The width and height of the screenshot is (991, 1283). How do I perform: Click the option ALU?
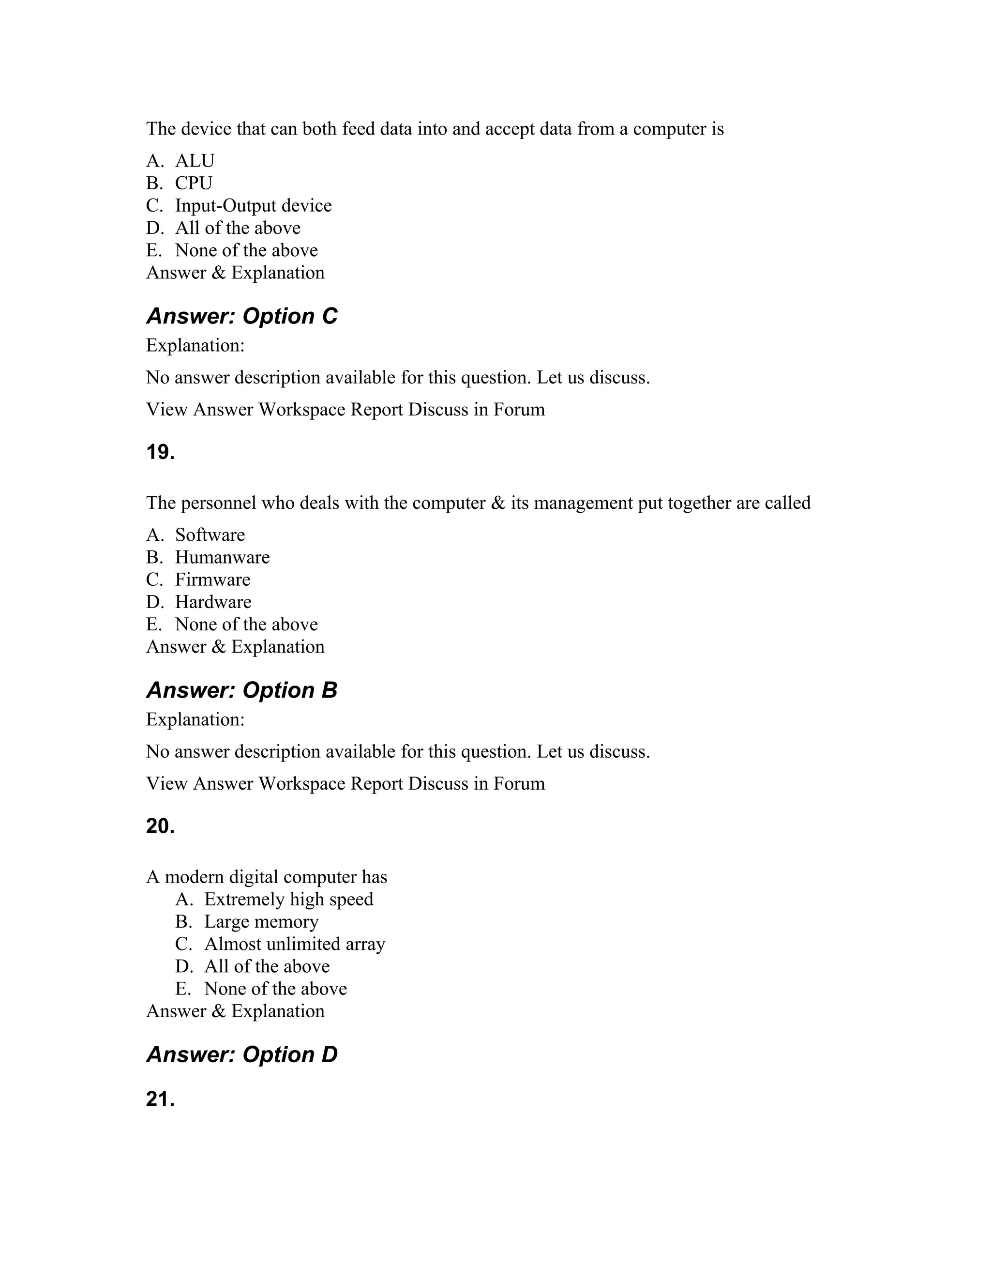coord(195,161)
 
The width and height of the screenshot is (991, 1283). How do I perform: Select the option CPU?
coord(193,183)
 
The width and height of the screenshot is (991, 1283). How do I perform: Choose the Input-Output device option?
coord(253,206)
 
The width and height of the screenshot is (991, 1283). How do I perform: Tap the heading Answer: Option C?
coord(241,316)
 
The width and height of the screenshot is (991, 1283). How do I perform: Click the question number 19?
coord(160,452)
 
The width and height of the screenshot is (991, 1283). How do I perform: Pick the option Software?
coord(210,535)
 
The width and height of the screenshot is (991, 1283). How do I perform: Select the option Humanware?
coord(222,557)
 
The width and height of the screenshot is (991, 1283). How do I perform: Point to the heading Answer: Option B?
coord(241,690)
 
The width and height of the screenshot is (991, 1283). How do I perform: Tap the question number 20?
coord(160,826)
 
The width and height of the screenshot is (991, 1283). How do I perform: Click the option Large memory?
coord(261,922)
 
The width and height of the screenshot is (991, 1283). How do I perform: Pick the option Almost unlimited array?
coord(294,944)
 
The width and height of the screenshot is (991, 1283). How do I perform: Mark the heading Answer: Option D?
coord(241,1054)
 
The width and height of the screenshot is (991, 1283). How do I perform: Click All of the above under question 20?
coord(267,966)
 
